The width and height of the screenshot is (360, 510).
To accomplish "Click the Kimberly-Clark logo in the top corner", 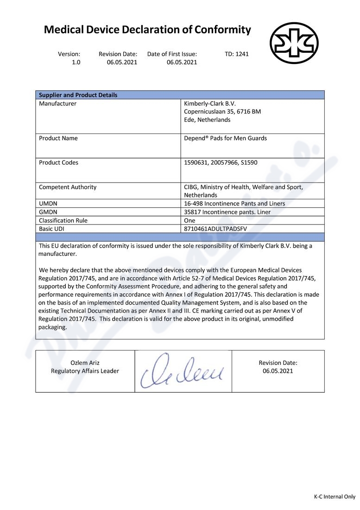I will click(x=294, y=43).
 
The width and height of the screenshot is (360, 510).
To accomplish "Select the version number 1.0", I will click(x=76, y=62).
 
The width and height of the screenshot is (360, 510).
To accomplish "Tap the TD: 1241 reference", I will click(x=237, y=54).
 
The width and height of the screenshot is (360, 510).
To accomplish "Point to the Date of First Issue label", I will click(x=172, y=54).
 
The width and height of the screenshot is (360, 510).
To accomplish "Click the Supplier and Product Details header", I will click(x=78, y=95).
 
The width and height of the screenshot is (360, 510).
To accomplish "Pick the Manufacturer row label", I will click(x=57, y=103).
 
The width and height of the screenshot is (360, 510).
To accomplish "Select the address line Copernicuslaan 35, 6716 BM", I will click(x=222, y=112).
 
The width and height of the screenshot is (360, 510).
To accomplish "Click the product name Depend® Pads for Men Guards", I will click(x=225, y=138).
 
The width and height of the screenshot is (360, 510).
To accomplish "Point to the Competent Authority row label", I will click(x=68, y=187).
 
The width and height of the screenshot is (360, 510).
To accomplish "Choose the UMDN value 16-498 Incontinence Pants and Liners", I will click(x=234, y=204).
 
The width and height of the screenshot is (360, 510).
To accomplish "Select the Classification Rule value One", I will click(x=189, y=221).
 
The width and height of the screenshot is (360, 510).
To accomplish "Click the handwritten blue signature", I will click(x=183, y=372).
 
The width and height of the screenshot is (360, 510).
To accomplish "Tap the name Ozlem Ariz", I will click(x=85, y=363).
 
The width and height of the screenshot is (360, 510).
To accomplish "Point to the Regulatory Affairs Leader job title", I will click(x=85, y=371).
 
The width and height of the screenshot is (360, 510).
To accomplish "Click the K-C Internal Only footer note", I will click(x=335, y=497).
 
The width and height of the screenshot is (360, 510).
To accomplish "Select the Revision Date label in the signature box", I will click(x=278, y=363).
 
